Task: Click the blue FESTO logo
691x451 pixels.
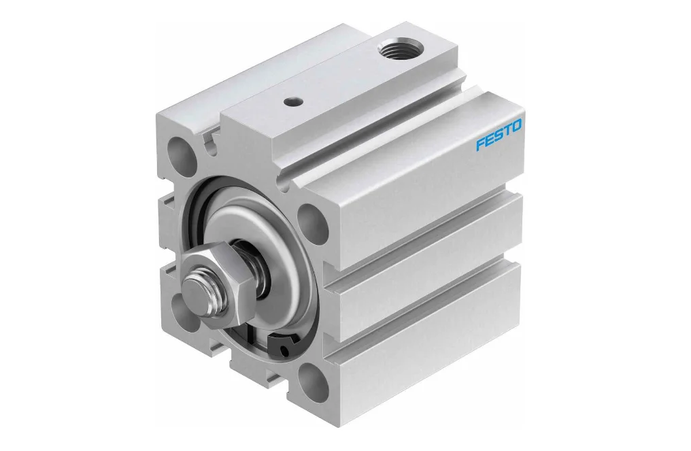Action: (x=499, y=135)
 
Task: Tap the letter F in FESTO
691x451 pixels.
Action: (x=480, y=144)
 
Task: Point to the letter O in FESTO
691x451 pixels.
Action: (x=516, y=127)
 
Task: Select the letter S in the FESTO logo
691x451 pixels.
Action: (x=498, y=135)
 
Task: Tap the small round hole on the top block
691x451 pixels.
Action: (x=292, y=101)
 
